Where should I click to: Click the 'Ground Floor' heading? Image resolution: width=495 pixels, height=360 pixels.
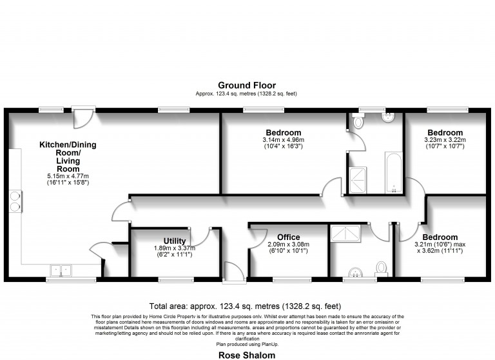pyautogui.click(x=246, y=85)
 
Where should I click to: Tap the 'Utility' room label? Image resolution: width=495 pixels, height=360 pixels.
pyautogui.click(x=175, y=241)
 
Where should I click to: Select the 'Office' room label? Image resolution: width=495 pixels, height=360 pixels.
pyautogui.click(x=288, y=237)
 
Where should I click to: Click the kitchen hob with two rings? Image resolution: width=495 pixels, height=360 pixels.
pyautogui.click(x=14, y=200)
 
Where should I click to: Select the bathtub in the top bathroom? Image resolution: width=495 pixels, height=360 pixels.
pyautogui.click(x=393, y=172)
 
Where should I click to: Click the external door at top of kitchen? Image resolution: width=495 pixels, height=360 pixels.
pyautogui.click(x=82, y=117)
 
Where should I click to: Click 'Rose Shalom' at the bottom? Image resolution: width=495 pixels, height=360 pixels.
pyautogui.click(x=247, y=355)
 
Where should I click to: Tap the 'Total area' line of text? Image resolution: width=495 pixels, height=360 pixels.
pyautogui.click(x=246, y=306)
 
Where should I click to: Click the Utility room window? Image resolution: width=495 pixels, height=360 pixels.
pyautogui.click(x=174, y=280)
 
